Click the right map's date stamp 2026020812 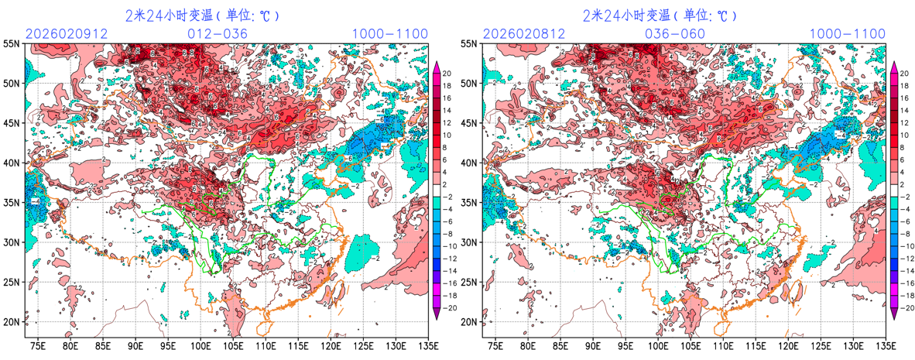[519, 33]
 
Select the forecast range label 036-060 [675, 33]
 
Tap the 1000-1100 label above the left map [389, 33]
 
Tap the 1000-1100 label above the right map [847, 33]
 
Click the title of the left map [202, 15]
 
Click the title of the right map [660, 15]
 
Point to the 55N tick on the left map [12, 44]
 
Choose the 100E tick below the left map [200, 345]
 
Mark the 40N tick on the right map [470, 163]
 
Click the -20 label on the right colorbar [904, 307]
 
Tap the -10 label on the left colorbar [448, 248]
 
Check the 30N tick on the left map [12, 242]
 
